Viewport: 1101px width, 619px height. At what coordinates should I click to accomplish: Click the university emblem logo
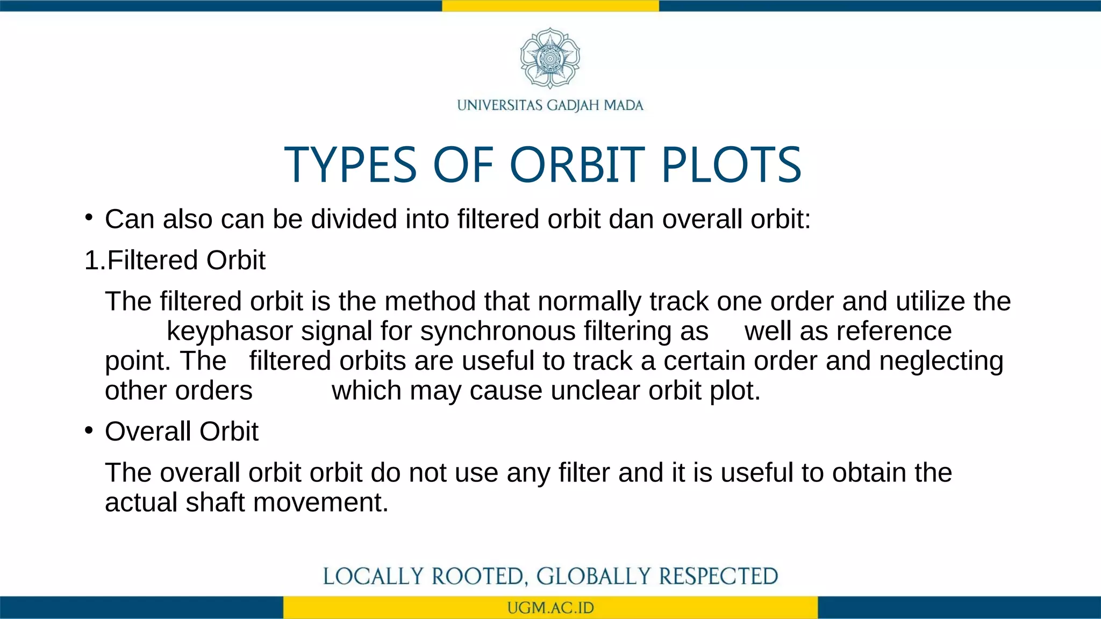(550, 58)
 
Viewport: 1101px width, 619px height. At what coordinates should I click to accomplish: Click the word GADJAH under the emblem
(574, 105)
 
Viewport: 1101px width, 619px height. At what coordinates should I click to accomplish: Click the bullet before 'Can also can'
(89, 218)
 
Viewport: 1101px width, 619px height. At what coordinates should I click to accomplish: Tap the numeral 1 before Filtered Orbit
(91, 261)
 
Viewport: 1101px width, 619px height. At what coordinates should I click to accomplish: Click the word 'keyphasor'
(230, 331)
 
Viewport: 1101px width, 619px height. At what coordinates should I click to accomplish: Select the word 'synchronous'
(498, 331)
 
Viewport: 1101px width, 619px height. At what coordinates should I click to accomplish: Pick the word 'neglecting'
(941, 361)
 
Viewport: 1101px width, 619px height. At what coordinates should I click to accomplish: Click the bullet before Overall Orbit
(89, 430)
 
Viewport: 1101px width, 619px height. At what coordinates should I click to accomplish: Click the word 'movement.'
(320, 502)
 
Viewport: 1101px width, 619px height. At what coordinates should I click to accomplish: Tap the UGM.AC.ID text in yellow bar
(550, 608)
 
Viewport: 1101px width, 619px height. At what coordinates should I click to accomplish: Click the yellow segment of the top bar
(550, 5)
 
